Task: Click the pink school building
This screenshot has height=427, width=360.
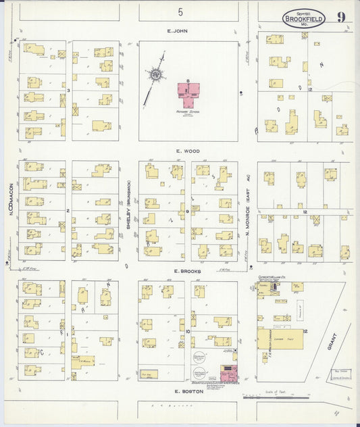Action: [188, 91]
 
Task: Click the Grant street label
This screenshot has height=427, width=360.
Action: [330, 341]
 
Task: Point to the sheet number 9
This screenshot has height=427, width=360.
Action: [342, 17]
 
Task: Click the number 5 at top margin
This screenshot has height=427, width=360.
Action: [180, 11]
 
